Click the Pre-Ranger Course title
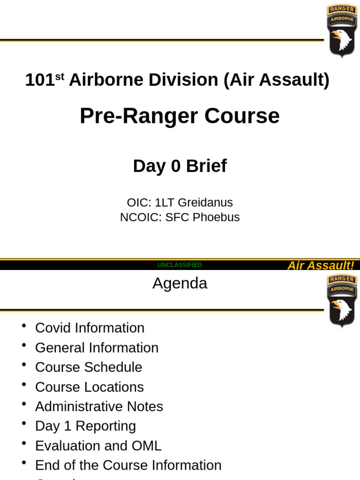(x=180, y=116)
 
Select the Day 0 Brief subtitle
(x=180, y=166)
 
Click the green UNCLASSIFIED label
(x=180, y=265)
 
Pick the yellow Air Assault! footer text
(x=321, y=266)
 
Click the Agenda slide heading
(x=180, y=283)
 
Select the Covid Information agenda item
(x=90, y=328)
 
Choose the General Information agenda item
(x=97, y=348)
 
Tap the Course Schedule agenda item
(x=89, y=367)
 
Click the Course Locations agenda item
(x=89, y=387)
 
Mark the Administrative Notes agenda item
(x=99, y=406)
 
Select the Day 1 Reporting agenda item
(x=85, y=426)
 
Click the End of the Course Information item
(x=128, y=465)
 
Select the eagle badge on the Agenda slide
(x=342, y=301)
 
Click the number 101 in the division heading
(x=40, y=80)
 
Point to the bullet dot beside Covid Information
(x=23, y=326)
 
